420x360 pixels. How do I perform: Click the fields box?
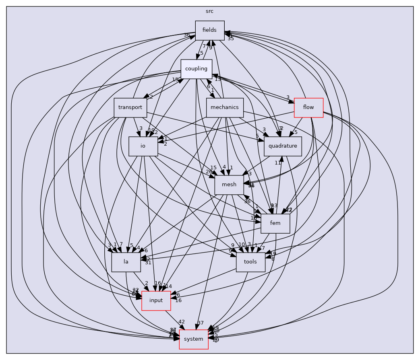click(x=209, y=30)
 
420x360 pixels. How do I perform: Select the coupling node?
click(x=196, y=69)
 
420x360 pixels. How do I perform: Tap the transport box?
click(x=130, y=107)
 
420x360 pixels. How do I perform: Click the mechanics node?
click(x=225, y=107)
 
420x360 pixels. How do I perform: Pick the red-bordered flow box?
click(x=308, y=107)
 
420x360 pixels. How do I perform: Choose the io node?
click(x=143, y=146)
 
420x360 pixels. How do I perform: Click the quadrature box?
click(x=283, y=146)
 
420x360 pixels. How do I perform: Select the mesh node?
click(x=229, y=185)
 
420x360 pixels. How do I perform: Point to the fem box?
click(x=275, y=223)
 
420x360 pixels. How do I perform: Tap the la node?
click(x=126, y=262)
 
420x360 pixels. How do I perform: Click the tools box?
click(x=250, y=262)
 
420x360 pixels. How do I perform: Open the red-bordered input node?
click(x=156, y=300)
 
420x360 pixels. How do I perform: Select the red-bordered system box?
click(x=193, y=339)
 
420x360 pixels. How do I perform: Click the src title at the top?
click(x=209, y=11)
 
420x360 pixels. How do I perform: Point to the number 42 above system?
click(x=182, y=322)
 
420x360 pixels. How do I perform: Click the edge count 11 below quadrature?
click(x=278, y=163)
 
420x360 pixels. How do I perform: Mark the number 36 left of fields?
click(x=187, y=35)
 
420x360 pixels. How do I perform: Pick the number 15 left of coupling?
click(x=175, y=80)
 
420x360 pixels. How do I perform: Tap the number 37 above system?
click(x=201, y=323)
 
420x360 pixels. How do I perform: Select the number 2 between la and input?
click(x=147, y=284)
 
